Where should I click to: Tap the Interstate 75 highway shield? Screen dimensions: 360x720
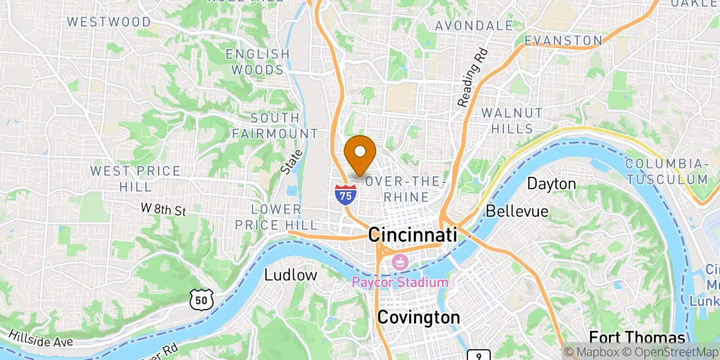[x=345, y=195]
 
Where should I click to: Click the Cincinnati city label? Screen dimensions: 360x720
[x=413, y=235]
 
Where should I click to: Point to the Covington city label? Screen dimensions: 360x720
[x=418, y=317]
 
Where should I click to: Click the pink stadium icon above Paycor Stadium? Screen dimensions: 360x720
[x=398, y=262]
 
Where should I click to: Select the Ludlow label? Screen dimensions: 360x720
[x=290, y=275]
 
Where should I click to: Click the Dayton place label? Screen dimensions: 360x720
[x=551, y=184]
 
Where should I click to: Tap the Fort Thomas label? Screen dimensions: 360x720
[x=637, y=337]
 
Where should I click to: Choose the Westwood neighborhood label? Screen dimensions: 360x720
[x=109, y=22]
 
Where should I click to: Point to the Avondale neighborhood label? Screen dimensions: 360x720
[x=474, y=26]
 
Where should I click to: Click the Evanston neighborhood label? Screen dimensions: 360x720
[x=563, y=41]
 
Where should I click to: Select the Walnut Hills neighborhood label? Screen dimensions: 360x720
[x=512, y=121]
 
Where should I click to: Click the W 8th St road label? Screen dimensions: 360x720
[x=164, y=209]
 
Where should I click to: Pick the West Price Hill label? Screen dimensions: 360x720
[x=135, y=179]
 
